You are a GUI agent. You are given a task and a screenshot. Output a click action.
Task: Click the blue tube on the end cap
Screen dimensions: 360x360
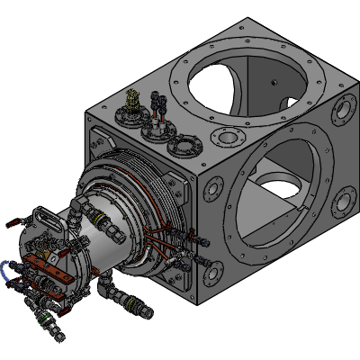pos(8,268)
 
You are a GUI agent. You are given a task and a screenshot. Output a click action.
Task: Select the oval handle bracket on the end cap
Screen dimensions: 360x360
pos(42,220)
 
